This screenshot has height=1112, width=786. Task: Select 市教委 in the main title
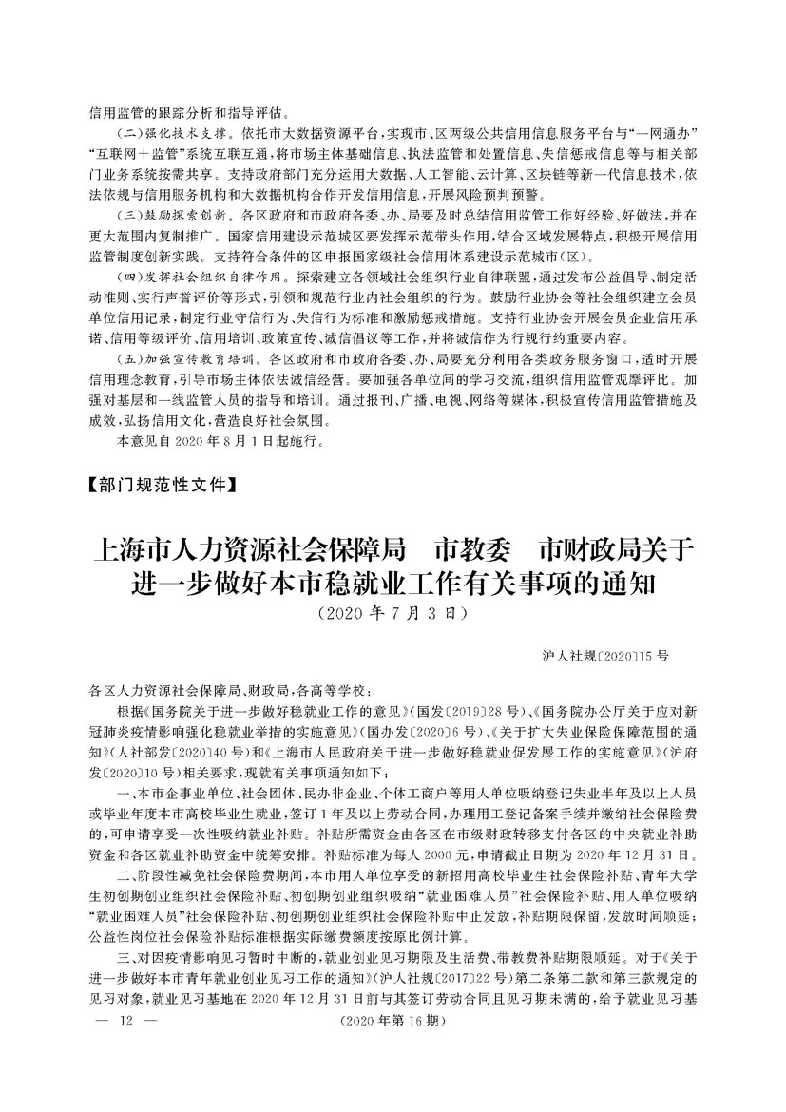(470, 548)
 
